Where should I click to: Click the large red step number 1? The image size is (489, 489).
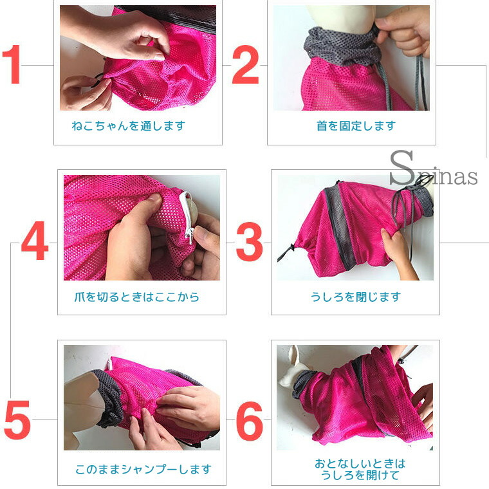coord(12,64)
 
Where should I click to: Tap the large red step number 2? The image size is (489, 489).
coord(245,64)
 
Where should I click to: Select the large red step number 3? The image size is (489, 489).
coord(249,242)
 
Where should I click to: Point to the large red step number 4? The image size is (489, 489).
coord(35,240)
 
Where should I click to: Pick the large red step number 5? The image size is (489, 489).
coord(17,420)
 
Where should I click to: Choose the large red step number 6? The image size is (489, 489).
coord(249,421)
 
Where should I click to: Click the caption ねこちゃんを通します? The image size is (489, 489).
coord(129,125)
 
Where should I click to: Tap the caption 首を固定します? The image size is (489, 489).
coord(356,125)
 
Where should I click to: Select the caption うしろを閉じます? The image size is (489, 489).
coord(356,297)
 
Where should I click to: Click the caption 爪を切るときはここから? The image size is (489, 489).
coord(136,297)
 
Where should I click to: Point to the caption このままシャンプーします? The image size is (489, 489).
coord(143,469)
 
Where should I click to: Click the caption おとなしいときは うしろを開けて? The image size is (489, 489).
coord(360,469)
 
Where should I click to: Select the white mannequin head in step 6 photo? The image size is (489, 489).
coord(289,368)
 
